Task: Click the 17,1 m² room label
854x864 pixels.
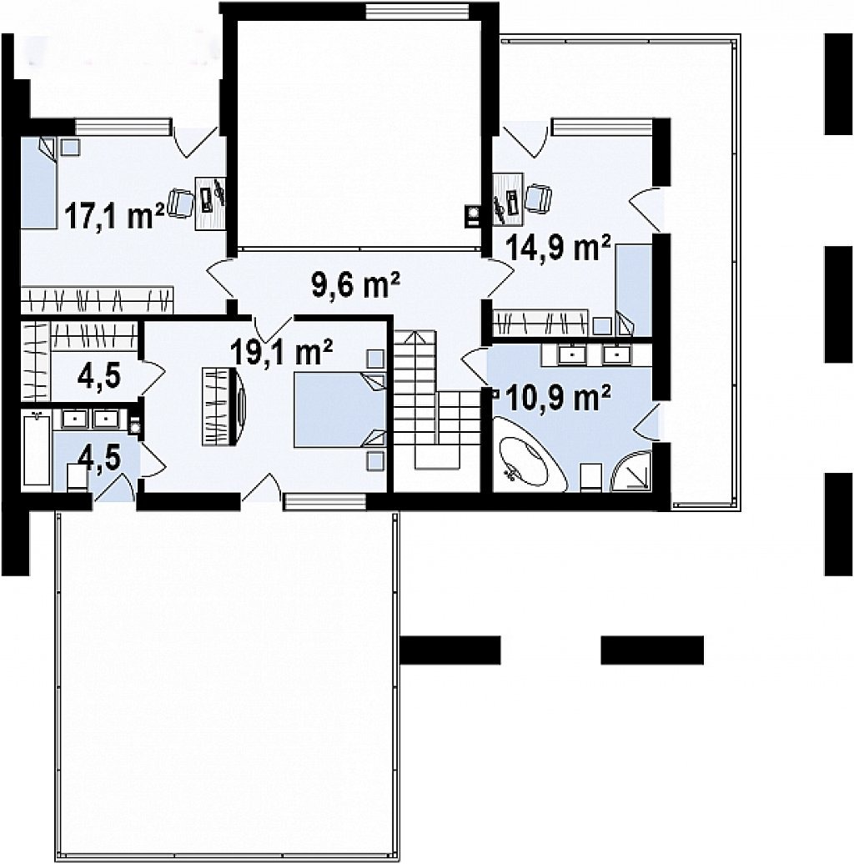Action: [114, 215]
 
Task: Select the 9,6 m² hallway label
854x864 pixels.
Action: [356, 285]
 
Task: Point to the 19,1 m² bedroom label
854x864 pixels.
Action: [281, 351]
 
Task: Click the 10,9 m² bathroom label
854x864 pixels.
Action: [557, 398]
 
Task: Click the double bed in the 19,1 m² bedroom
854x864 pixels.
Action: [339, 409]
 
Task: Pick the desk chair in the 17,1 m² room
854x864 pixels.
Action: [180, 203]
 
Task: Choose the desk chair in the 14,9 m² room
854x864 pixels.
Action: [538, 198]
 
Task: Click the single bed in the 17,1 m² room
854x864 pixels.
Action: [38, 183]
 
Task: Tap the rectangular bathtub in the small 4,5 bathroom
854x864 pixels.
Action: [37, 450]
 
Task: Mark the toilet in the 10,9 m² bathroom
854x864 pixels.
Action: [591, 477]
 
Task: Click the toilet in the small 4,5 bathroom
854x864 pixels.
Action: [77, 477]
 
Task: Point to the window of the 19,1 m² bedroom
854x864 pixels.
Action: [324, 501]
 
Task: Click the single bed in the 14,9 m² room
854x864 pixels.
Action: [634, 290]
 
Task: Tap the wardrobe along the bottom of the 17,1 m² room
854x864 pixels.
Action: [97, 299]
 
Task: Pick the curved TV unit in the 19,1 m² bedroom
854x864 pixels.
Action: [223, 407]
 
